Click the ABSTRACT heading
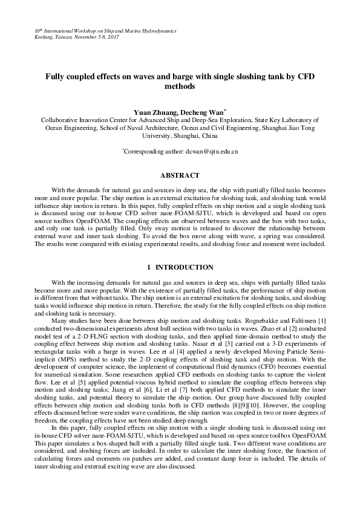(180, 175)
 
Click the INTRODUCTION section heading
(184, 267)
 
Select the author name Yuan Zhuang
(154, 112)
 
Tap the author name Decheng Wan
(202, 112)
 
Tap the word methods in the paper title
(180, 86)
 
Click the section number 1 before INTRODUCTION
(149, 267)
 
